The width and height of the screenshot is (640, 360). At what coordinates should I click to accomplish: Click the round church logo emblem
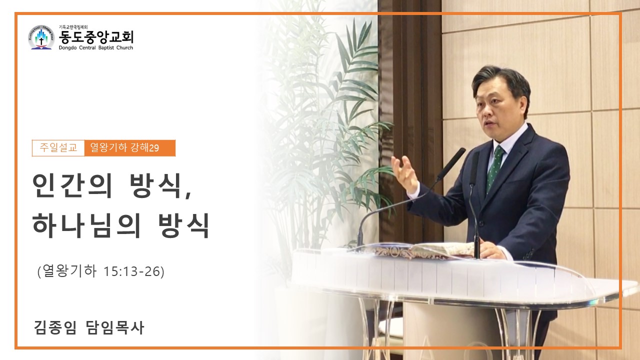(x=41, y=37)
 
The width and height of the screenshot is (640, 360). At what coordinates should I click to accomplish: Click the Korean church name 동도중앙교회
(x=96, y=37)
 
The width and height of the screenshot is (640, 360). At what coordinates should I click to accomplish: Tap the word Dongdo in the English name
(x=67, y=47)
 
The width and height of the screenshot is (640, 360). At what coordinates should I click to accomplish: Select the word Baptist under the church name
(x=106, y=47)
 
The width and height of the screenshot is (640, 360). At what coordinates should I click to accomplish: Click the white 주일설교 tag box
(x=58, y=148)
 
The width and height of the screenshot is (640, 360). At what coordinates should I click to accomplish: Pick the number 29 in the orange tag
(x=154, y=148)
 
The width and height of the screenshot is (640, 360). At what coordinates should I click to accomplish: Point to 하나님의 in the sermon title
(x=86, y=225)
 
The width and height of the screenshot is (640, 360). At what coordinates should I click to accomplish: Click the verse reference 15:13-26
(x=133, y=271)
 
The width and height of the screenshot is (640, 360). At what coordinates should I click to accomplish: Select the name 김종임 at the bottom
(x=55, y=327)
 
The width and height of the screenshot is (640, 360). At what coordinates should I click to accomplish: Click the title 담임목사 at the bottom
(x=115, y=327)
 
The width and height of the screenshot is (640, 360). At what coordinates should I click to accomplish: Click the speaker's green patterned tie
(x=495, y=168)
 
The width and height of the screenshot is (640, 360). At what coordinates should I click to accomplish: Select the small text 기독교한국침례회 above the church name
(x=73, y=27)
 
